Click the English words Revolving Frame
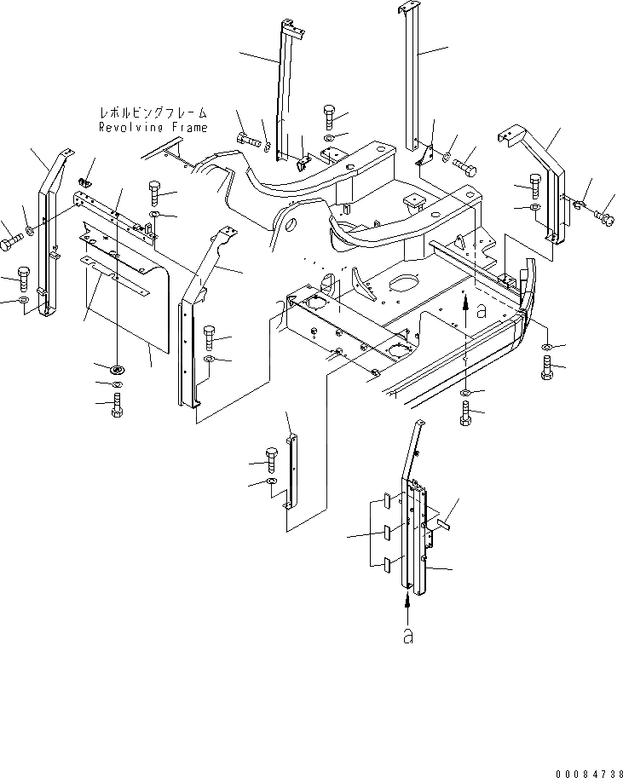click(x=153, y=127)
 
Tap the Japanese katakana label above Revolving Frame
click(x=153, y=112)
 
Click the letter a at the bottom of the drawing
click(x=408, y=637)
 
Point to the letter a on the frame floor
click(x=482, y=312)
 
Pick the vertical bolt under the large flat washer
click(x=118, y=406)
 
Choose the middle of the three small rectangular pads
click(x=386, y=534)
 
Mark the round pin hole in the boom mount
click(x=288, y=227)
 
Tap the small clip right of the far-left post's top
click(x=84, y=182)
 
